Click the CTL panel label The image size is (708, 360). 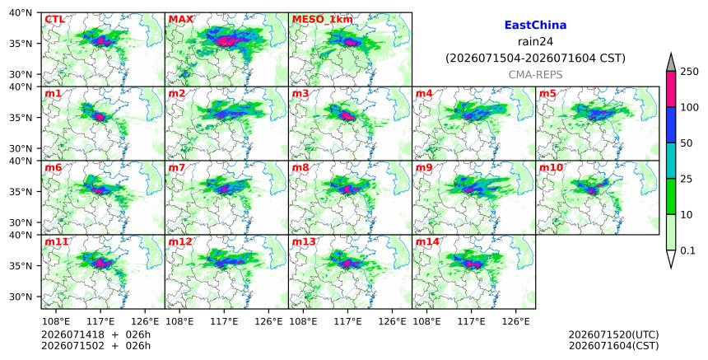coord(54,19)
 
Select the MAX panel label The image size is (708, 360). coord(180,19)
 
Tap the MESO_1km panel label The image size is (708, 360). coord(323,20)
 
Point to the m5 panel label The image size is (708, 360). coord(547,93)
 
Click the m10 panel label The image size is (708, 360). coord(552,167)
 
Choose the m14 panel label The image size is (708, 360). coord(427,241)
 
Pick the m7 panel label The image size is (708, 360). coord(177,167)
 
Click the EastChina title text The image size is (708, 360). coord(535,26)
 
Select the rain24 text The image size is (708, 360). coord(535,42)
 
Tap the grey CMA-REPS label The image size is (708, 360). coord(535,75)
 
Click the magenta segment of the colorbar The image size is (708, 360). coord(671,89)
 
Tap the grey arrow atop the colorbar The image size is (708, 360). coord(671,63)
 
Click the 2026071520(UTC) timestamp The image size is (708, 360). coord(613,334)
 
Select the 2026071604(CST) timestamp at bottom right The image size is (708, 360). coord(613,346)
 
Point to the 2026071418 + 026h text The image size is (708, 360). coord(96,334)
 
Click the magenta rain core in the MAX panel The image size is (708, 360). coord(226,41)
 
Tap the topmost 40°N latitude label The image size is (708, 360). coord(21,12)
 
